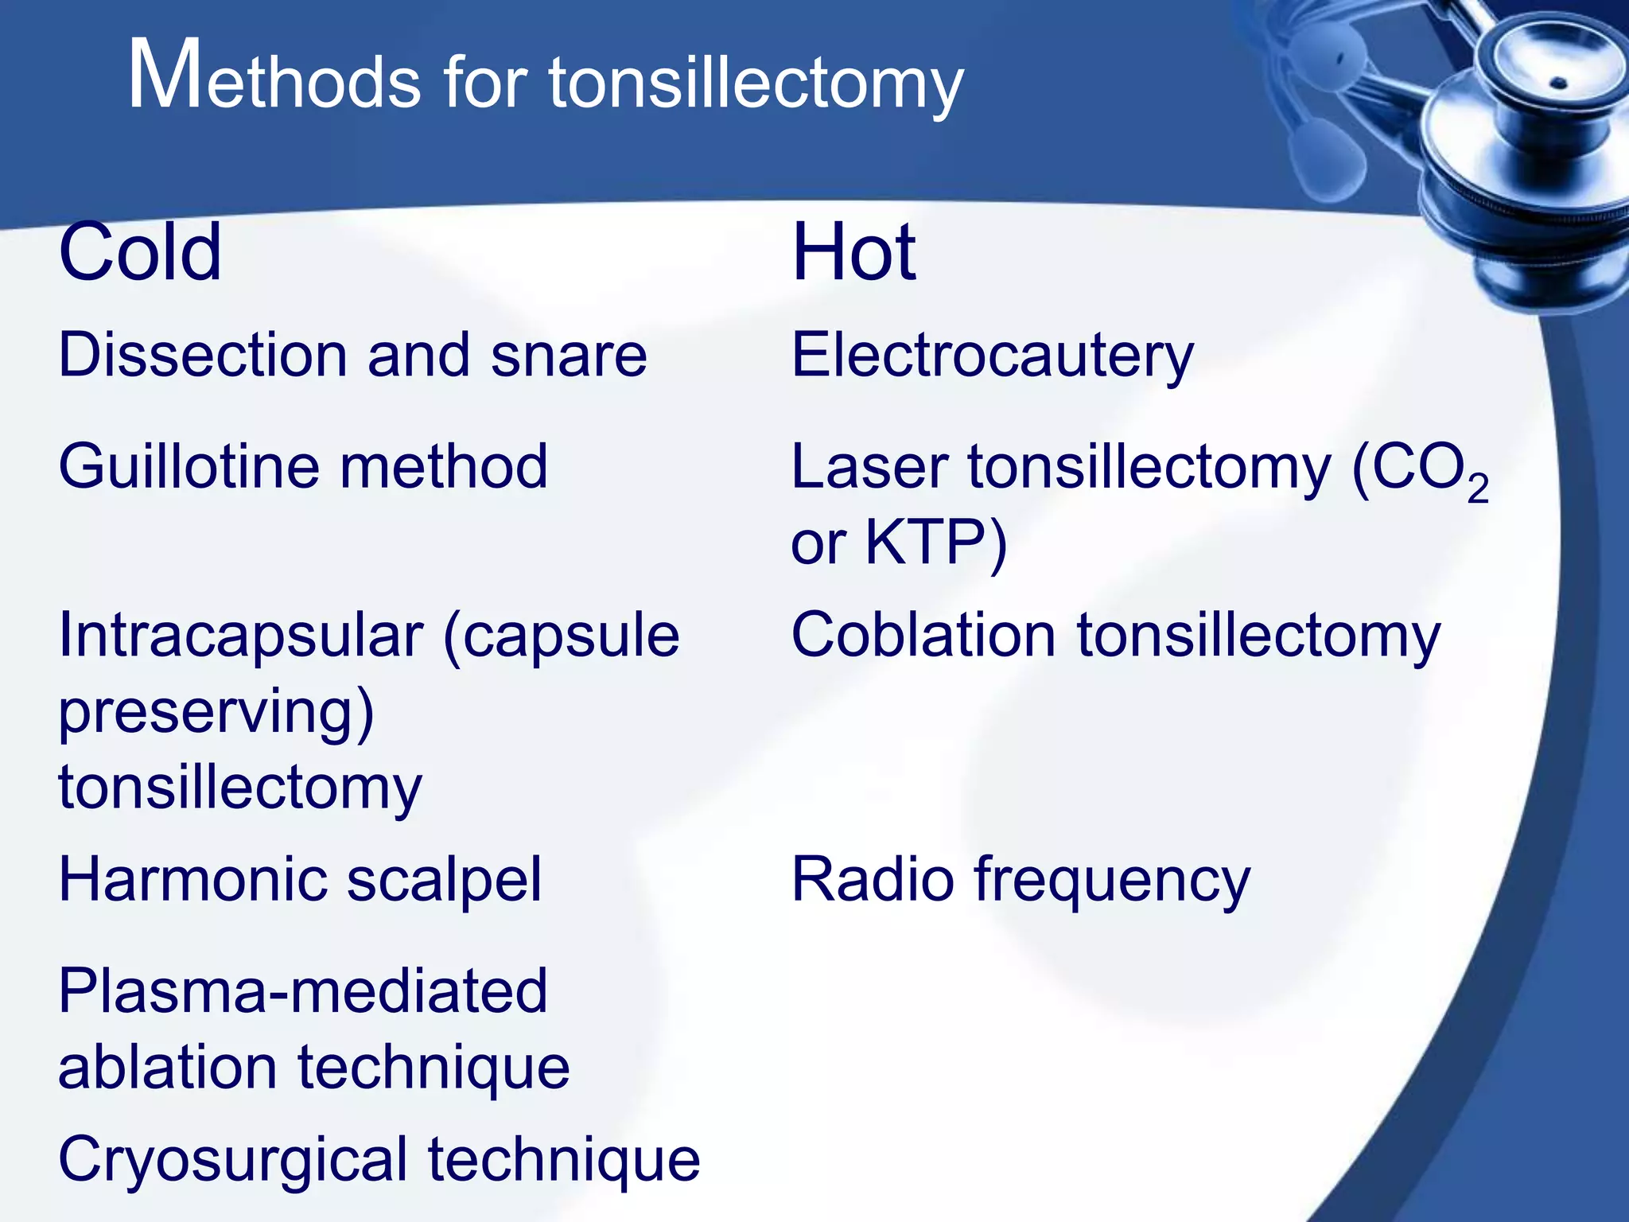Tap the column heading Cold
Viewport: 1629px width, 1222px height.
click(140, 253)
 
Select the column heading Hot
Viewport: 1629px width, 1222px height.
click(853, 253)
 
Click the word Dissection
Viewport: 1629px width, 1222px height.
click(203, 355)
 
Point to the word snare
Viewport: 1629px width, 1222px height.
click(569, 355)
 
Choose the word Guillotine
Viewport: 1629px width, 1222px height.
click(188, 466)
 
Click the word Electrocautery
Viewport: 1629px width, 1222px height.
click(992, 356)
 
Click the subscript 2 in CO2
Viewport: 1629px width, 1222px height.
click(1478, 488)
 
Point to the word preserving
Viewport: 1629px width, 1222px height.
click(215, 712)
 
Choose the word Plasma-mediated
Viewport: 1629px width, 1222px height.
click(303, 991)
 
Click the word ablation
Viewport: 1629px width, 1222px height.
click(167, 1067)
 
